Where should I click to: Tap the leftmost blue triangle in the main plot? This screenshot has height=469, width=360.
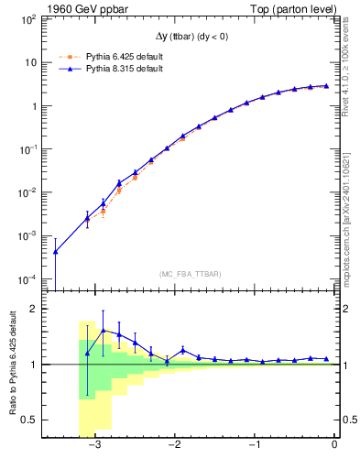click(x=56, y=252)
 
